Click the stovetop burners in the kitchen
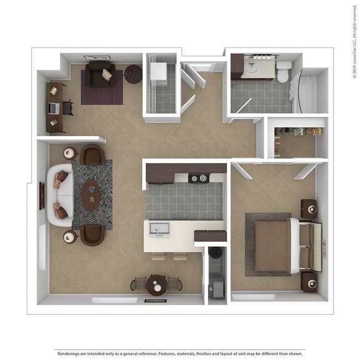198,178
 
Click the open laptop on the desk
54,107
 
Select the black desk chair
68,107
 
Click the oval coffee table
90,194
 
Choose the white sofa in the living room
58,194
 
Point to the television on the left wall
42,196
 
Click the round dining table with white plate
157,285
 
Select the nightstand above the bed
308,208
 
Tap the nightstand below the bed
308,281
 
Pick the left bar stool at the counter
158,256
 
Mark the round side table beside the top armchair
133,74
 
